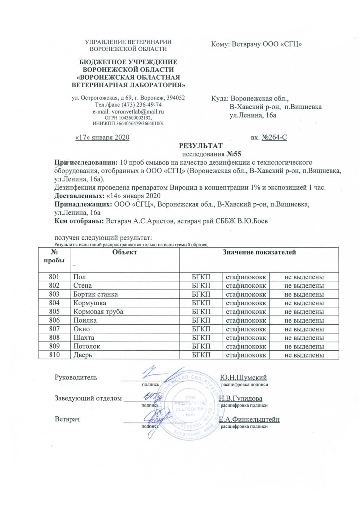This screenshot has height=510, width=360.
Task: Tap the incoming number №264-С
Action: pyautogui.click(x=274, y=137)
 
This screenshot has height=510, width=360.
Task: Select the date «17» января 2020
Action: pyautogui.click(x=102, y=137)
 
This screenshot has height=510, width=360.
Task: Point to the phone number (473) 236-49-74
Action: pyautogui.click(x=141, y=105)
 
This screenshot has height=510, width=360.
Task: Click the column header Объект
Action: pyautogui.click(x=124, y=252)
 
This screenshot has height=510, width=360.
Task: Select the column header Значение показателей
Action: pyautogui.click(x=259, y=252)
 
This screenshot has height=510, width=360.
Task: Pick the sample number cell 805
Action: pyautogui.click(x=54, y=311)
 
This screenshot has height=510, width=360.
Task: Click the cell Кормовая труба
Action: pyautogui.click(x=98, y=311)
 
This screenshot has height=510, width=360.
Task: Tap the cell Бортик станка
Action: pyautogui.click(x=95, y=294)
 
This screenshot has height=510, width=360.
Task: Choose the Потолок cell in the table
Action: pyautogui.click(x=86, y=346)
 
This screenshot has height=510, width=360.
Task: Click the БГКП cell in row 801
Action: pyautogui.click(x=201, y=277)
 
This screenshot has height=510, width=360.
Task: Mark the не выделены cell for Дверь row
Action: pyautogui.click(x=304, y=355)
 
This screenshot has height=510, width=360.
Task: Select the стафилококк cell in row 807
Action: pyautogui.click(x=246, y=329)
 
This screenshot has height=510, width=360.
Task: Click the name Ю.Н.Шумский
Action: pyautogui.click(x=243, y=378)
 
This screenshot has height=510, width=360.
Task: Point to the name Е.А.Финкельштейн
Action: pyautogui.click(x=249, y=420)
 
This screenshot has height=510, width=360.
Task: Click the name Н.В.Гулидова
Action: pyautogui.click(x=240, y=399)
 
